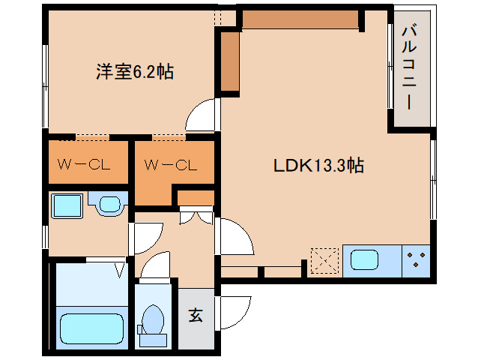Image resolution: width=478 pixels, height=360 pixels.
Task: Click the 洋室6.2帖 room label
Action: coord(135,72)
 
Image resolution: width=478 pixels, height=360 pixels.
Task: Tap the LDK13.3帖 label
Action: coord(318,165)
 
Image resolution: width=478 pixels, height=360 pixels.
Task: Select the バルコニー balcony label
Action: coord(409,67)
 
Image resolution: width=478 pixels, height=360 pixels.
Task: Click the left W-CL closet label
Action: coord(84,165)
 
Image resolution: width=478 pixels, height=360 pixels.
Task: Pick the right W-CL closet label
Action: coord(171,165)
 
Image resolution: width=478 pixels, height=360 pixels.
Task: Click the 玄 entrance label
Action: coord(196,315)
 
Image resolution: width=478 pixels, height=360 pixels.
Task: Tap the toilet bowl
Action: coord(153,319)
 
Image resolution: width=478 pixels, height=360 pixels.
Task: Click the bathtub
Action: coord(91,329)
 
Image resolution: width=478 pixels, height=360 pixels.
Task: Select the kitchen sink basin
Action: coord(364,260)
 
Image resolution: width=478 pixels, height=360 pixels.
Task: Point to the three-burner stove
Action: coord(416,261)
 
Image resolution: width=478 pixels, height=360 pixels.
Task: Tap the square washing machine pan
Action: coord(67,205)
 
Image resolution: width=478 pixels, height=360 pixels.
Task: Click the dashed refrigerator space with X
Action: coord(324,260)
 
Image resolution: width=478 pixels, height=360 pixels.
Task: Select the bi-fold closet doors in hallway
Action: coord(196,216)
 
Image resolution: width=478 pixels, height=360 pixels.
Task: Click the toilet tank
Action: coord(153,340)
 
